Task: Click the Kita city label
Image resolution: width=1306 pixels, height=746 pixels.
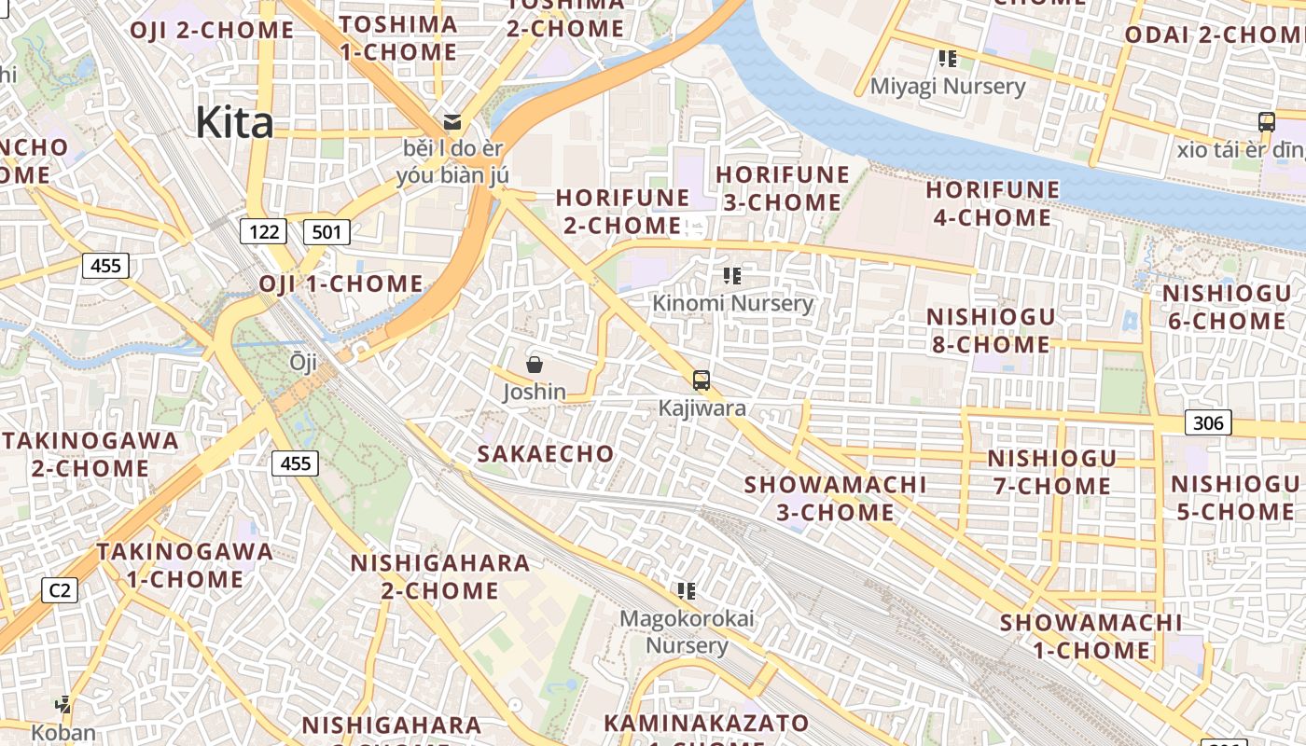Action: pos(234,122)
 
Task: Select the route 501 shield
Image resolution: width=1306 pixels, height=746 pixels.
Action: pos(326,231)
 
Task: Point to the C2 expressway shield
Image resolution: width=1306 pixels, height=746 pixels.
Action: pos(60,589)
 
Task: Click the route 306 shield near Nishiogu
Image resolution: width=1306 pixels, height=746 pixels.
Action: pos(1208,423)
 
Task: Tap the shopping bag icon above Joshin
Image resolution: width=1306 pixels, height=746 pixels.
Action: pos(535,365)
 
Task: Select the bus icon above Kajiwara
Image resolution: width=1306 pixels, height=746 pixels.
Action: pos(702,380)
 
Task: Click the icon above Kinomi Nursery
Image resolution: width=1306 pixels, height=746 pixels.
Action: pos(732,276)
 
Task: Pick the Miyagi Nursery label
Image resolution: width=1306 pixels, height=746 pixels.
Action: pos(947,87)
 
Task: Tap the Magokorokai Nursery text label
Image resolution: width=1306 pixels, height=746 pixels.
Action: pos(688,631)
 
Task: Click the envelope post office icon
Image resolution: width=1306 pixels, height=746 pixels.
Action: pos(452,121)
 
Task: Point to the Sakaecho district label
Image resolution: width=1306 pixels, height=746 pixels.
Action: pos(546,454)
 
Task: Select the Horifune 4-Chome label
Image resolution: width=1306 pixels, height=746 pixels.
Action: pos(993,203)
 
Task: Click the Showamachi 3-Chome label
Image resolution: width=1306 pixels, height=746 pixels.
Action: pos(836,498)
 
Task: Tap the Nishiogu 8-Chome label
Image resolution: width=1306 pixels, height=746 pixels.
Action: pos(991,330)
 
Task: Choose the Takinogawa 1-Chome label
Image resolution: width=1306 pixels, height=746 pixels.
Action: pos(185,565)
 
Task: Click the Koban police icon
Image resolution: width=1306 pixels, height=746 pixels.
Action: pos(63,705)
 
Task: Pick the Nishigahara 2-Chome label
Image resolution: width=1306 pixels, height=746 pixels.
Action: pos(439,576)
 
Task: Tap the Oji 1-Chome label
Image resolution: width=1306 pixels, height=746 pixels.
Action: pos(340,283)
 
